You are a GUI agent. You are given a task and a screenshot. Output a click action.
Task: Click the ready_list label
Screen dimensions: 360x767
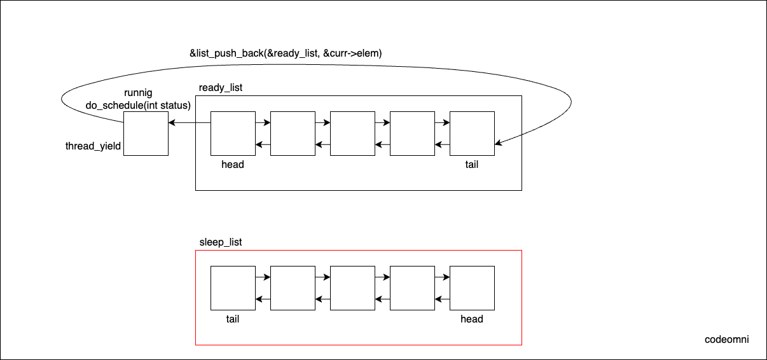click(x=221, y=87)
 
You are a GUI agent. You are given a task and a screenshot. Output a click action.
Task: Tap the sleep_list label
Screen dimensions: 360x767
click(x=221, y=242)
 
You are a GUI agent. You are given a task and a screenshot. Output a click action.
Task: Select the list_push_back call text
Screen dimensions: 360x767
click(x=286, y=53)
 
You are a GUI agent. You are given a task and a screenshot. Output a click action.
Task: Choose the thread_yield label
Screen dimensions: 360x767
click(x=93, y=146)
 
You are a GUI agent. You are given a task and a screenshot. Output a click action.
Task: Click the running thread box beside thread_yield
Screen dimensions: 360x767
click(x=146, y=133)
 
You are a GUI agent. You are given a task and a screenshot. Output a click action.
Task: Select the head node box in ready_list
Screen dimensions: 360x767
click(x=233, y=133)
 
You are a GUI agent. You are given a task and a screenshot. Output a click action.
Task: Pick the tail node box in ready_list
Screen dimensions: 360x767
click(x=472, y=133)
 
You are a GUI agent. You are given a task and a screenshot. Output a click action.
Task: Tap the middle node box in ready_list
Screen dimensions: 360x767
click(x=352, y=133)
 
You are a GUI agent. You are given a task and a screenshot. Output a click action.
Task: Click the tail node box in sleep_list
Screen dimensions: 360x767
click(x=233, y=288)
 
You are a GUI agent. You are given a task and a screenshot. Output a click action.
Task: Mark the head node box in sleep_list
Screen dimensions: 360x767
click(x=472, y=288)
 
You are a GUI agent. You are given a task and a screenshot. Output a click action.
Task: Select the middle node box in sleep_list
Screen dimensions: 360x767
click(x=352, y=288)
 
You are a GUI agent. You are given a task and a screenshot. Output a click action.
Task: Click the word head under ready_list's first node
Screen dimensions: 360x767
click(x=233, y=164)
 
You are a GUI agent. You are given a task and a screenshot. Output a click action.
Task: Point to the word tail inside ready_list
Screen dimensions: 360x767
click(x=471, y=164)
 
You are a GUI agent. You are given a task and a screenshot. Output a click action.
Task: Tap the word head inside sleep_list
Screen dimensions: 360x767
click(x=471, y=319)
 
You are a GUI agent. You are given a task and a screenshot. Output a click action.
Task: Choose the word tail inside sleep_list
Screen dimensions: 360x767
click(x=233, y=319)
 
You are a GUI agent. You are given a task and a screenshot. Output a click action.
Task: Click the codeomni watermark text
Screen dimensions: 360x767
click(x=727, y=339)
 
